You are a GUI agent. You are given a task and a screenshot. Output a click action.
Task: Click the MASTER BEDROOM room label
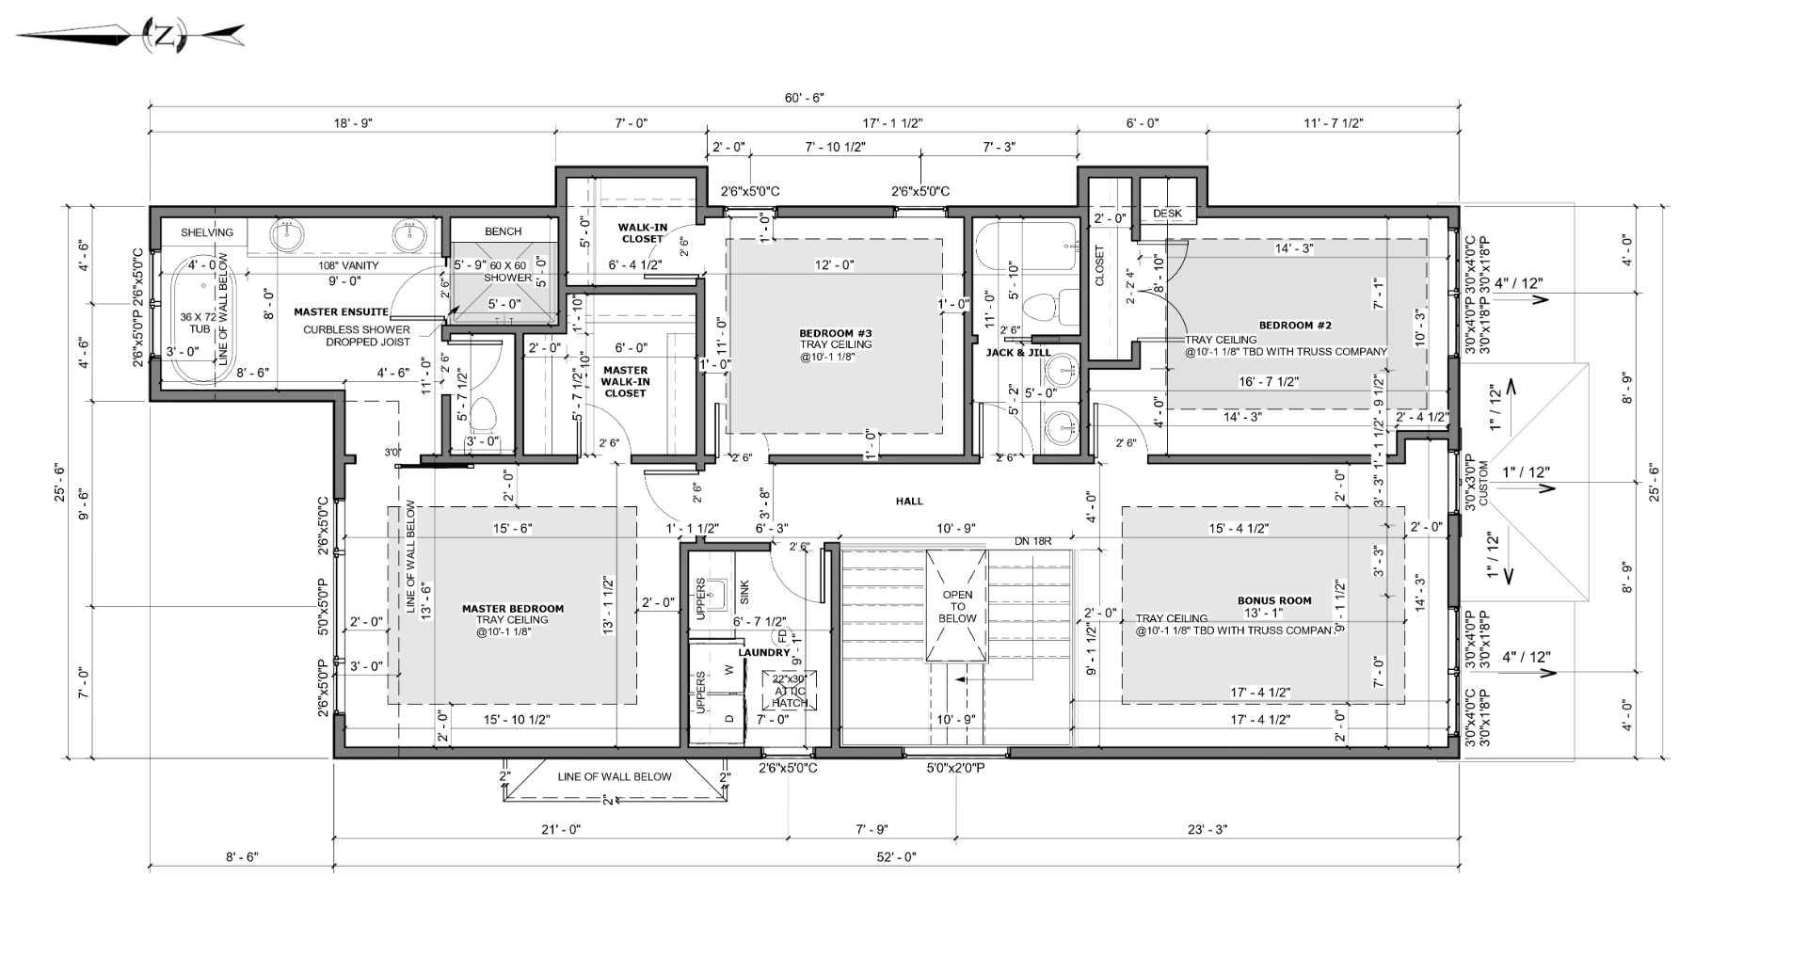513,609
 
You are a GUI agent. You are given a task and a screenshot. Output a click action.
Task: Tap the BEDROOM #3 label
835,333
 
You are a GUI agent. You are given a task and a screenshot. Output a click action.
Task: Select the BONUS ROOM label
1274,600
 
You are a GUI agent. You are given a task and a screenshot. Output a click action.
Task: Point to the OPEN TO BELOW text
957,606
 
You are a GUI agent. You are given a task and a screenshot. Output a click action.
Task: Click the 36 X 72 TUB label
199,323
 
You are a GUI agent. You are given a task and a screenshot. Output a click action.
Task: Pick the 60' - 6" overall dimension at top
805,98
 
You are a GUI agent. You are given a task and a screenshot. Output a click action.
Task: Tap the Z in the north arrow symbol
165,37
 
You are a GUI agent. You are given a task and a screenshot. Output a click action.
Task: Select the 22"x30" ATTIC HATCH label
790,691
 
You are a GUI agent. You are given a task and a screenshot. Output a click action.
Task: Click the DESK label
1167,214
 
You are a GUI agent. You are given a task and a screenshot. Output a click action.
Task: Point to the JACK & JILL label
1017,353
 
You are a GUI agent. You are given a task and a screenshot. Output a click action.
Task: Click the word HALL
909,502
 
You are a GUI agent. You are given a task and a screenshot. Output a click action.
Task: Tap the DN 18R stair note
1032,542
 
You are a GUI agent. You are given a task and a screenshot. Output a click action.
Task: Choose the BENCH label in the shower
503,231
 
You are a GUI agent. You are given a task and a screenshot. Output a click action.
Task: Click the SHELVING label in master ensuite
206,232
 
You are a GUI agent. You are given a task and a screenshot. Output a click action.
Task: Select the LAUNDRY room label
763,652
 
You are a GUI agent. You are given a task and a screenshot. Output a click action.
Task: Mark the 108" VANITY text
348,265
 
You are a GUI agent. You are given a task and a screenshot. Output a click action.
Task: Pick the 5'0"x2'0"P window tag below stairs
955,768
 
